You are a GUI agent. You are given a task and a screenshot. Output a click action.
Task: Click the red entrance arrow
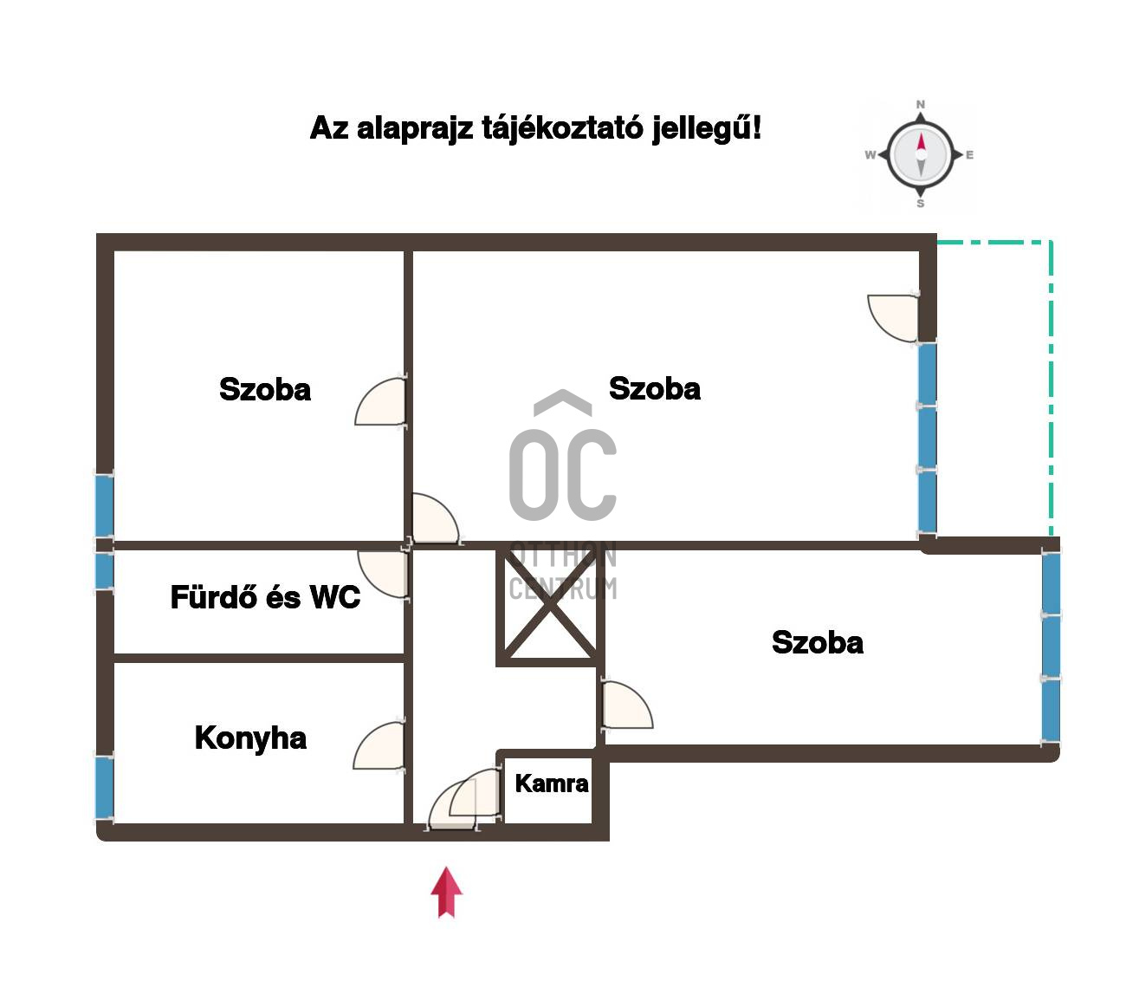click(x=446, y=891)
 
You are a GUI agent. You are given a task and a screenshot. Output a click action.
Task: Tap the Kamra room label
click(x=552, y=783)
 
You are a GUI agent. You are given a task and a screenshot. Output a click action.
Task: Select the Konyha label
click(x=250, y=738)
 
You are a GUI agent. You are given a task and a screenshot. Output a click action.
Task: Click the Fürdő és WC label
click(x=265, y=597)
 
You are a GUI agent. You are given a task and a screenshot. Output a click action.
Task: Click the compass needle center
click(x=921, y=154)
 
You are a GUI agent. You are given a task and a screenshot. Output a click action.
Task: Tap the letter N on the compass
click(x=921, y=105)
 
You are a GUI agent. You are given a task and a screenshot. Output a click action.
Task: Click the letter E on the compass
click(x=969, y=154)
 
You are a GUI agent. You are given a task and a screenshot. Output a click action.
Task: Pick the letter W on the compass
click(x=870, y=154)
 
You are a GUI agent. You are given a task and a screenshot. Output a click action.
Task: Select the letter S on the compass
click(x=921, y=204)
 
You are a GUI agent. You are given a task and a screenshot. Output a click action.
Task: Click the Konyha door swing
click(x=379, y=745)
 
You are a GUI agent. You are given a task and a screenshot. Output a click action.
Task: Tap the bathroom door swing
click(x=384, y=573)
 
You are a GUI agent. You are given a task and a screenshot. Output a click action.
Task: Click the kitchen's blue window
click(x=105, y=787)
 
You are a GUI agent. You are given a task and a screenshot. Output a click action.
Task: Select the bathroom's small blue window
click(x=105, y=569)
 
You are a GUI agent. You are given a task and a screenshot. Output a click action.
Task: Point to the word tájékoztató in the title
click(x=561, y=128)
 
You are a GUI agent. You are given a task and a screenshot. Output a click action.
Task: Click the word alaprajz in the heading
click(x=414, y=129)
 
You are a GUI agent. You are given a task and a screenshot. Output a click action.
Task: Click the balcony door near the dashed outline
click(x=893, y=318)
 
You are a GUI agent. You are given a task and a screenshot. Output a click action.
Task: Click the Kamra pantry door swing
click(x=474, y=792)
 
